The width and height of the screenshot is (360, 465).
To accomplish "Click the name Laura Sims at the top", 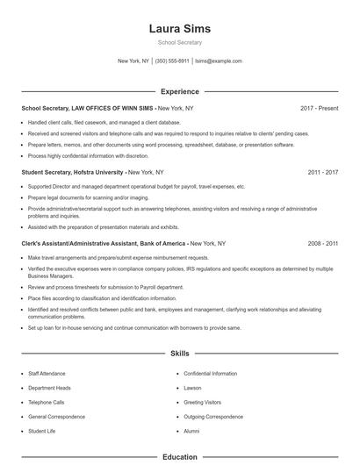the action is pyautogui.click(x=179, y=28).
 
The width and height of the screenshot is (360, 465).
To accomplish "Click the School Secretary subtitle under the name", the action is pyautogui.click(x=179, y=42).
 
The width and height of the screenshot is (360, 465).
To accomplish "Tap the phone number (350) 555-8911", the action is pyautogui.click(x=172, y=61).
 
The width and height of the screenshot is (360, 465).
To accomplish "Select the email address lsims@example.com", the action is pyautogui.click(x=219, y=61).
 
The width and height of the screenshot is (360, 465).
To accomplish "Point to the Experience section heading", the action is pyautogui.click(x=179, y=91).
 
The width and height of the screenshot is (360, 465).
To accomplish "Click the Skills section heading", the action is pyautogui.click(x=179, y=354).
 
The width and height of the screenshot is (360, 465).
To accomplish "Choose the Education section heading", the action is pyautogui.click(x=179, y=457).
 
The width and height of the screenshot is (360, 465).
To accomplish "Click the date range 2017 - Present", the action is pyautogui.click(x=319, y=108).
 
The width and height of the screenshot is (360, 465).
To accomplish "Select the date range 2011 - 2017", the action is pyautogui.click(x=323, y=172).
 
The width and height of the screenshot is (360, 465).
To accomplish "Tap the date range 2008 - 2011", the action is pyautogui.click(x=323, y=242).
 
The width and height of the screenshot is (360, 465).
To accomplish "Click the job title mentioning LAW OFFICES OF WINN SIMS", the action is pyautogui.click(x=88, y=108).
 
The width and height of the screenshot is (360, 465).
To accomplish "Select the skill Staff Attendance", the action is pyautogui.click(x=47, y=374).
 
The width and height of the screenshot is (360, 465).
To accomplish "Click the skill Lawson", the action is pyautogui.click(x=192, y=388).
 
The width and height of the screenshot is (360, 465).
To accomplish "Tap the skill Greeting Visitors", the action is pyautogui.click(x=202, y=403).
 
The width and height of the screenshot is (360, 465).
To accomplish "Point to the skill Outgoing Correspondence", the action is pyautogui.click(x=213, y=417).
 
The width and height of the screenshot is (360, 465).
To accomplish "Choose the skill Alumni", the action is pyautogui.click(x=191, y=432).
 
